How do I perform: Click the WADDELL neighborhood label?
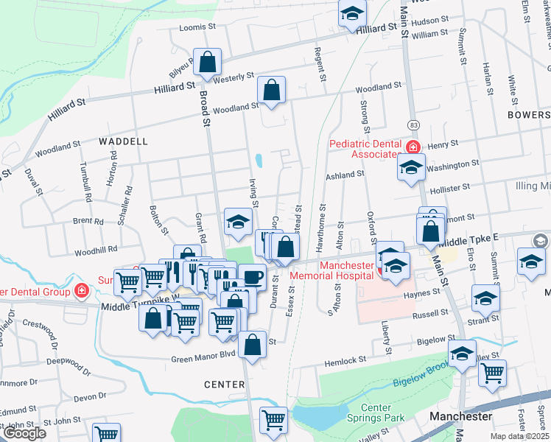(123, 141)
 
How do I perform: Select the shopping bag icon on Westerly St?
(207, 63)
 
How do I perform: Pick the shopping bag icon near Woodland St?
(272, 91)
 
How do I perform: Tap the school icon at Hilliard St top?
(352, 13)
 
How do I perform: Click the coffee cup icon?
(253, 276)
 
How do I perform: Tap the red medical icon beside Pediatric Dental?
(413, 147)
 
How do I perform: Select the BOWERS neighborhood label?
(528, 116)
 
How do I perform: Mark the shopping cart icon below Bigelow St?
(491, 372)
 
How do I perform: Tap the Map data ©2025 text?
(518, 436)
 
